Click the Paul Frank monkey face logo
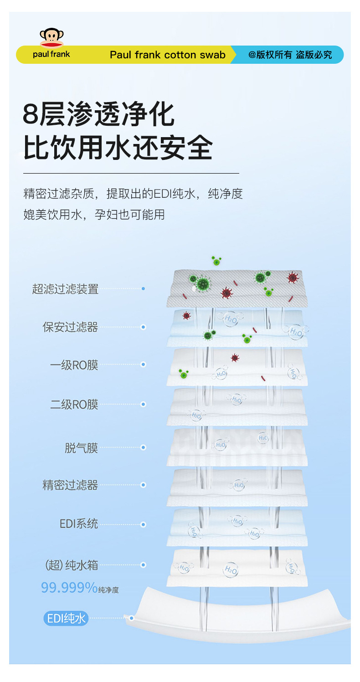coord(51,38)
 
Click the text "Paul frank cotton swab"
coord(168,55)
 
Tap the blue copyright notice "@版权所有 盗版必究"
coord(290,55)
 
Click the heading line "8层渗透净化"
coord(99,114)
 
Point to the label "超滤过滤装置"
coord(65,289)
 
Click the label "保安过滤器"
coord(70,327)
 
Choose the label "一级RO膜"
coord(74,365)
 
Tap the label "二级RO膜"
coord(74,405)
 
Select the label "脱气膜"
coord(81,448)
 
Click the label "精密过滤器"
coord(70,485)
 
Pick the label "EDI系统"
coord(78,524)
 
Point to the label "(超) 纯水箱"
coord(72,565)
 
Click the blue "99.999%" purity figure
coord(69,588)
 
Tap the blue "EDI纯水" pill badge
coord(66,618)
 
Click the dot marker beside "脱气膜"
coord(143,448)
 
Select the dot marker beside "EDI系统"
coord(143,524)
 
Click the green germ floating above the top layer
coord(216,261)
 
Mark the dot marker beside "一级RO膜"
coord(143,364)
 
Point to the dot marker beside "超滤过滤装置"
coord(143,289)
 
